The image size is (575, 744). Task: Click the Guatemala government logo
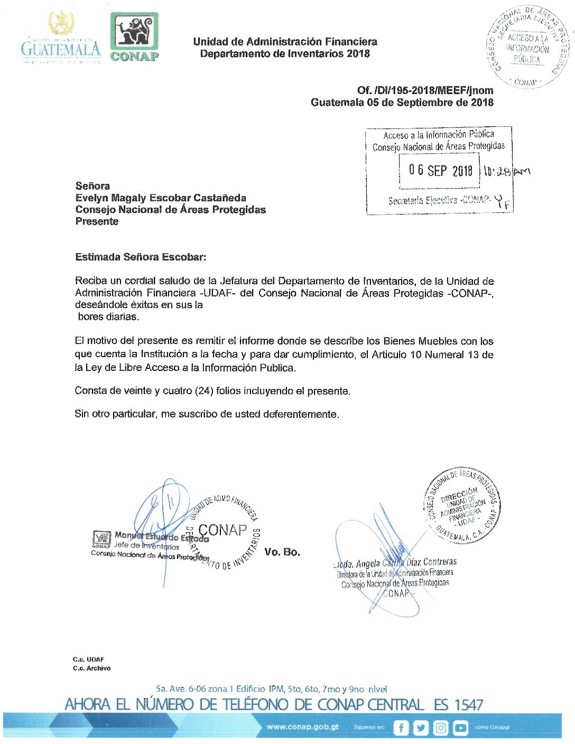[x=61, y=40]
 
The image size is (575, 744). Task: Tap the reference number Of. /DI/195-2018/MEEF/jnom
[x=425, y=90]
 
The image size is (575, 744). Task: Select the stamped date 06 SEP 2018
[x=440, y=170]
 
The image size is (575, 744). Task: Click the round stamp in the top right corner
[x=528, y=47]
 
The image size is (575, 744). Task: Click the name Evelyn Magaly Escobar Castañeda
[x=161, y=198]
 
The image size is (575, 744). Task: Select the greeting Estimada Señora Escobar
[x=141, y=257]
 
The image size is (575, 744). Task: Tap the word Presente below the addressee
[x=97, y=221]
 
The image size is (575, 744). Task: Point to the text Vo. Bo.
[x=282, y=552]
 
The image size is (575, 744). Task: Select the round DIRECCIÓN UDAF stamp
[x=462, y=506]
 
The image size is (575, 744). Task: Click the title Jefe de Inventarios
[x=147, y=546]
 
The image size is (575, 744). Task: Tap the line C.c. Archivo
[x=92, y=668]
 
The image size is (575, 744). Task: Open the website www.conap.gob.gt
[x=303, y=727]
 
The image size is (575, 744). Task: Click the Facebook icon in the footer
[x=401, y=728]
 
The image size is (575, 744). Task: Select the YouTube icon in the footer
[x=460, y=728]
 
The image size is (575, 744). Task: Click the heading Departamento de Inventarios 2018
[x=285, y=53]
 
